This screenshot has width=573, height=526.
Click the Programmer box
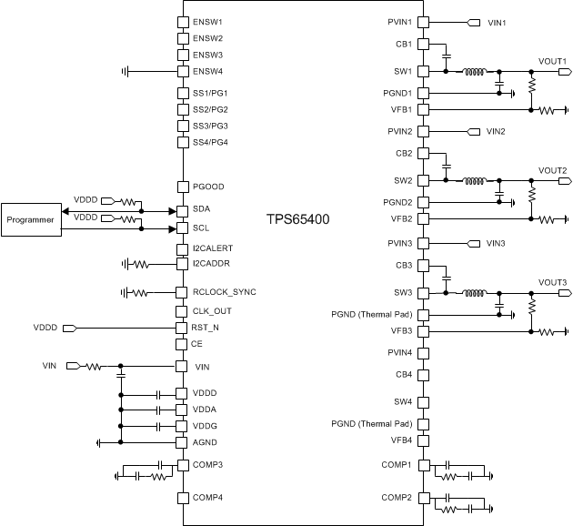pos(31,219)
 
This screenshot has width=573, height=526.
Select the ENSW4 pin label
pos(208,71)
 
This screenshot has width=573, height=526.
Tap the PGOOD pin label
pos(208,187)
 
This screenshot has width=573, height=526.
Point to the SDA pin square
pos(182,209)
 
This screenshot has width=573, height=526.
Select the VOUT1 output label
pos(552,61)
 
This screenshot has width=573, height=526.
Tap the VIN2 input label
pos(496,132)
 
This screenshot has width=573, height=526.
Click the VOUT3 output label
pos(552,283)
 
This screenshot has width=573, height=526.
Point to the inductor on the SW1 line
pos(474,71)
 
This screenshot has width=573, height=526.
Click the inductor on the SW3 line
pos(474,293)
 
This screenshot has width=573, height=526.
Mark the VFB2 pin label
pos(401,218)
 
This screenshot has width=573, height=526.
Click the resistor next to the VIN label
pos(94,367)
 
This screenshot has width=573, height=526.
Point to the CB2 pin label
pos(403,153)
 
